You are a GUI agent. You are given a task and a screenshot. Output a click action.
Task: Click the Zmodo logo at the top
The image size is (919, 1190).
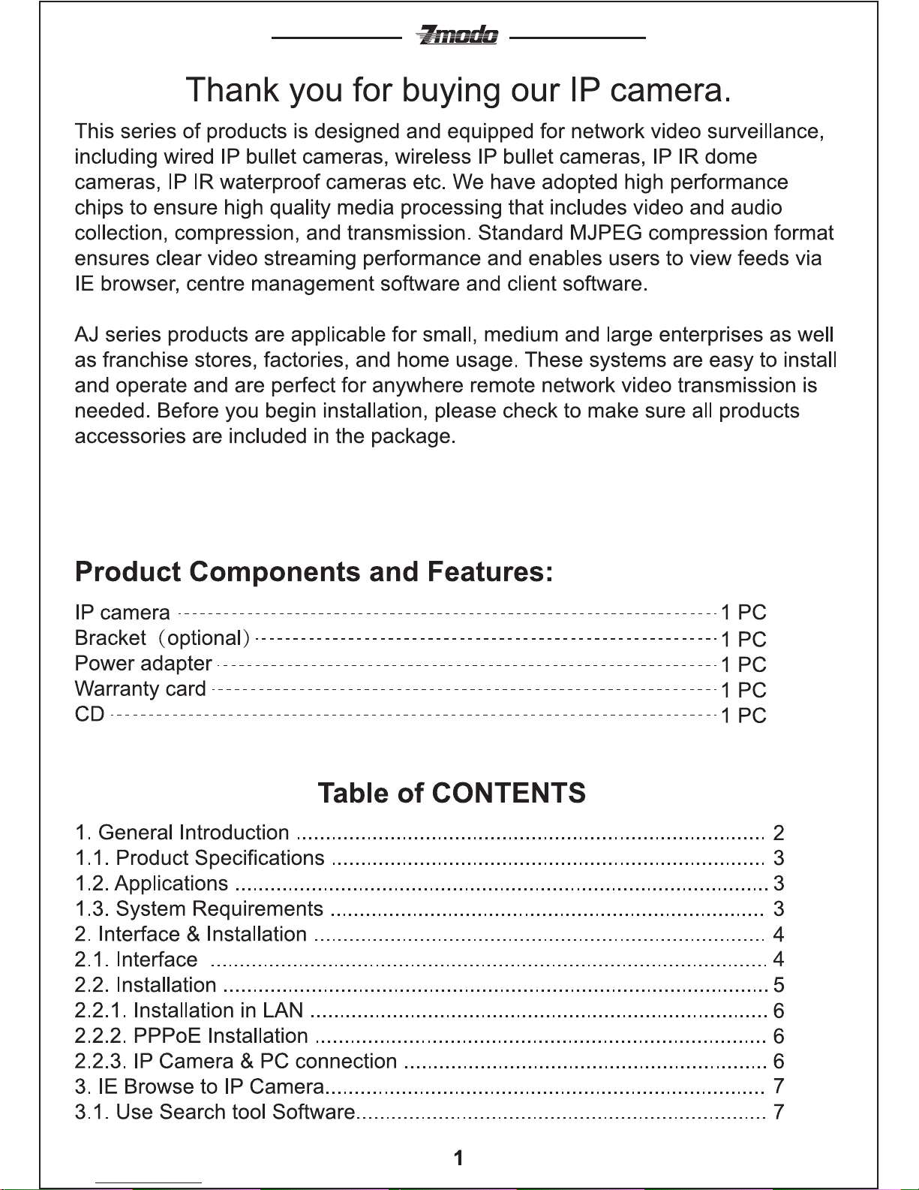click(458, 35)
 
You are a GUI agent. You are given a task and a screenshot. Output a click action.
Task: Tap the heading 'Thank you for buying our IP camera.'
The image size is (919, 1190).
click(458, 90)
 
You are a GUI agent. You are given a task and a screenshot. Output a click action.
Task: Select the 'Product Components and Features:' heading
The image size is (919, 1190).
click(314, 572)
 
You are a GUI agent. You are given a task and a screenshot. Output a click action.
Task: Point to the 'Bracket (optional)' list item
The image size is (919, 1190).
click(162, 638)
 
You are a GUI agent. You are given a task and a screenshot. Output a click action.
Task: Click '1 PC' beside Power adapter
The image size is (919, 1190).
click(743, 664)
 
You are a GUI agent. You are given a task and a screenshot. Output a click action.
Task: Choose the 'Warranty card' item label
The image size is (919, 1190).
click(140, 689)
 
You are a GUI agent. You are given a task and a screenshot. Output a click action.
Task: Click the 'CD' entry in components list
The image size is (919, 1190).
click(89, 714)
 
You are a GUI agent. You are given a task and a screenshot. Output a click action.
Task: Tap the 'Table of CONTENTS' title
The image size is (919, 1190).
click(452, 794)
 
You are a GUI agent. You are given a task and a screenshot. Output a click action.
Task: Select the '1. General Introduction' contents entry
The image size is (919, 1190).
click(182, 833)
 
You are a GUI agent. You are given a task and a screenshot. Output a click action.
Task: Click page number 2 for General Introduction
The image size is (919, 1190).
click(779, 833)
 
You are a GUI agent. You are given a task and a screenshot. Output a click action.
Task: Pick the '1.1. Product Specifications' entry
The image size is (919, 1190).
click(200, 858)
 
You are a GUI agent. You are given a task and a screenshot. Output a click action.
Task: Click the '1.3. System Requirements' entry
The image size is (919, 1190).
click(199, 908)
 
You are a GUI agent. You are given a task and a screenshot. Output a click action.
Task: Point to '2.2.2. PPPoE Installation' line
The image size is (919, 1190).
click(191, 1036)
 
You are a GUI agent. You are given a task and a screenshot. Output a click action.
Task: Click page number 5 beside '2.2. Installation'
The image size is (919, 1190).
click(779, 985)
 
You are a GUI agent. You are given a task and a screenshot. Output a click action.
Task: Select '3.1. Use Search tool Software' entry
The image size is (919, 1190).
click(215, 1112)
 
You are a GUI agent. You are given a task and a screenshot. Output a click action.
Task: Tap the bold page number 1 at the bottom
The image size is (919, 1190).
click(458, 1158)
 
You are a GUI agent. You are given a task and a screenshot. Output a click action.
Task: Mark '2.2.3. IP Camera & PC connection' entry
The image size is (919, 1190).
click(236, 1062)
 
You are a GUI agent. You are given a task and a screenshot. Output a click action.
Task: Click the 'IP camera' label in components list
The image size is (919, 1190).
click(122, 613)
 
